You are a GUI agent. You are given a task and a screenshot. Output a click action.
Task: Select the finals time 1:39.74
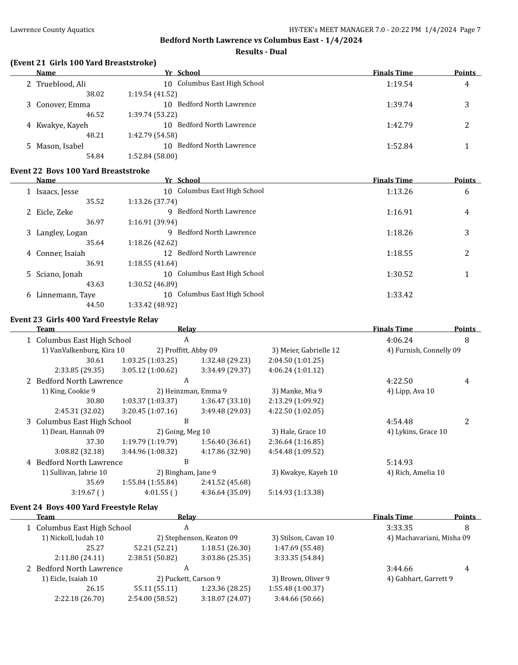coord(399,105)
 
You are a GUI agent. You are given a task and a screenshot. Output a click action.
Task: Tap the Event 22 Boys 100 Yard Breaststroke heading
coord(80,171)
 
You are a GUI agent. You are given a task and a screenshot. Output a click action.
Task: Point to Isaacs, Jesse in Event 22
coord(57,191)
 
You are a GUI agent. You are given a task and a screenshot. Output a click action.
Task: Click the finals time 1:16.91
coord(399,212)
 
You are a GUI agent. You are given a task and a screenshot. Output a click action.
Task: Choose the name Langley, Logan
coord(62,233)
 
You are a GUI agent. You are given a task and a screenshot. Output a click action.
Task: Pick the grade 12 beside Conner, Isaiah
coord(168,253)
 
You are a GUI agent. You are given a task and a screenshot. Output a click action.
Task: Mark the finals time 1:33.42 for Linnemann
coord(399,295)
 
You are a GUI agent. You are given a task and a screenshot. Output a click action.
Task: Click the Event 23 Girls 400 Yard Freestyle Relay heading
coord(84,320)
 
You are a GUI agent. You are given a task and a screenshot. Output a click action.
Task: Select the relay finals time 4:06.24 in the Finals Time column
coord(399,340)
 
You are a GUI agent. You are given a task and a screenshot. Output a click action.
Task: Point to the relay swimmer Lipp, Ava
coord(410,391)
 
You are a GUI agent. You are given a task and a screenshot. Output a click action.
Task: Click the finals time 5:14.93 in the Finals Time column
coord(399,462)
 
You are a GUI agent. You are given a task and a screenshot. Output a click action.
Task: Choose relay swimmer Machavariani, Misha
coord(428,538)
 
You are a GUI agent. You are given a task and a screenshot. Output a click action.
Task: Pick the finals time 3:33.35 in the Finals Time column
coord(399,528)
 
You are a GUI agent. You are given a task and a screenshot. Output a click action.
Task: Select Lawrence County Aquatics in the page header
coord(52,30)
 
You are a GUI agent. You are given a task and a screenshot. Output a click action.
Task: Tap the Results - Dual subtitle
coord(261,52)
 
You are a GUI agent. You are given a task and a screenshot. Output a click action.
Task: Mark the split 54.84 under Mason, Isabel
coord(95,156)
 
